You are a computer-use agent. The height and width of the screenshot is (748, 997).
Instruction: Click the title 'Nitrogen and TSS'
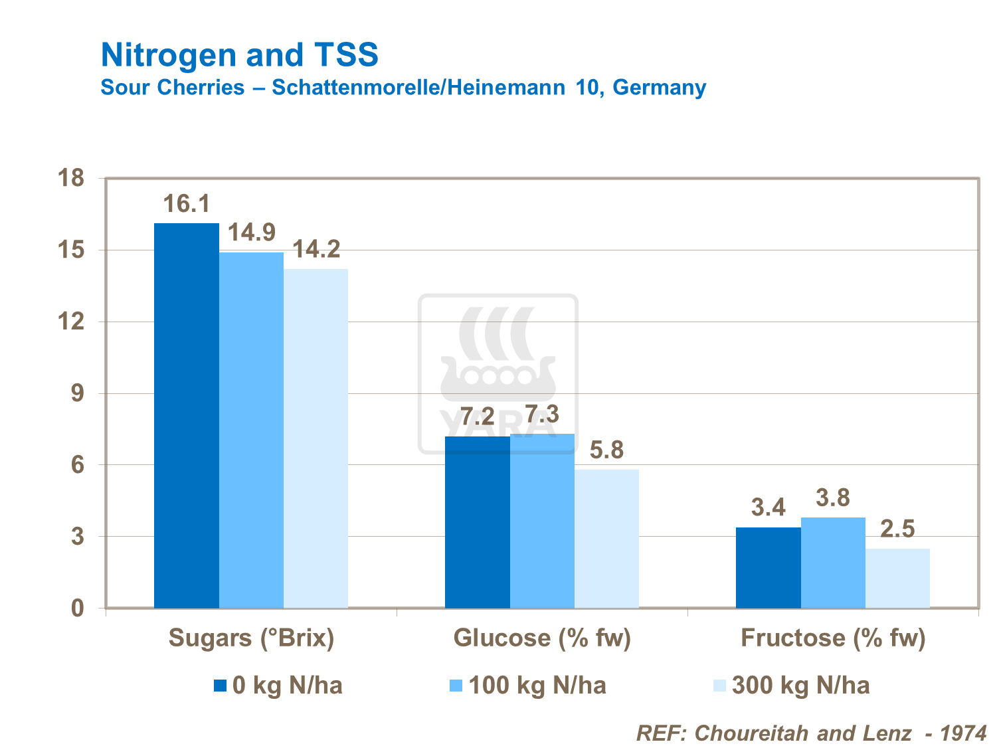coord(239,54)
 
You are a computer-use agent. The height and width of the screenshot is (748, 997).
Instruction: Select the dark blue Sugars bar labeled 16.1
coord(187,415)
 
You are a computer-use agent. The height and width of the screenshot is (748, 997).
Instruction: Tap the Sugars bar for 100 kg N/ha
coord(251,430)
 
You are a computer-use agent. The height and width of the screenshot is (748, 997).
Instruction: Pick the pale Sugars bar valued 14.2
coord(316,438)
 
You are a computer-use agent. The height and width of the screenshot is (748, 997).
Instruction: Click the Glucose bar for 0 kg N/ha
coord(477,522)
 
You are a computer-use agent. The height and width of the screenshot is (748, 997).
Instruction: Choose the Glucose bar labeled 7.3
coord(542,521)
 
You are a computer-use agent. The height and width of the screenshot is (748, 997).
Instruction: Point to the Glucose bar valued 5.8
coord(606,539)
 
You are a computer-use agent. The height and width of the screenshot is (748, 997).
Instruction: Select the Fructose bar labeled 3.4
coord(768,567)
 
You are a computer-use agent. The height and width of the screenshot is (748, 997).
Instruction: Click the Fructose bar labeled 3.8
coord(833,563)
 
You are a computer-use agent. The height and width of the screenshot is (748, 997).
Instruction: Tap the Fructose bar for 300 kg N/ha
coord(897,578)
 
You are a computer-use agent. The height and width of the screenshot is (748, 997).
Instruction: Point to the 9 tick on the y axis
coord(78,393)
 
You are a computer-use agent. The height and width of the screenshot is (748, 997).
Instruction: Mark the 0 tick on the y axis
coord(78,608)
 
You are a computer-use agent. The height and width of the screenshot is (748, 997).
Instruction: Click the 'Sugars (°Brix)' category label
coord(251,638)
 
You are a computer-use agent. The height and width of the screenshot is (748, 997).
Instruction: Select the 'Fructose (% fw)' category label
coord(833,638)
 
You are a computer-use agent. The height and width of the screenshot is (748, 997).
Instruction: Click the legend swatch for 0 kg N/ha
coord(221,686)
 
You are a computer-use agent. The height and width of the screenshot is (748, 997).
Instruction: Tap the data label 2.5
coord(897,529)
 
